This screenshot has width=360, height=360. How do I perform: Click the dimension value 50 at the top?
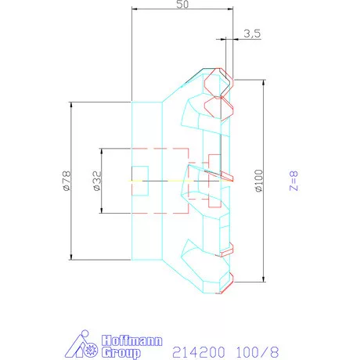(x=183, y=5)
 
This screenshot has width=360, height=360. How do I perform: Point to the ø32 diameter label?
(x=96, y=182)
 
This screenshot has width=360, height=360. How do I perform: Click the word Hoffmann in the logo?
(x=130, y=341)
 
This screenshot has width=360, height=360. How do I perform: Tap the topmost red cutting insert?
(x=218, y=81)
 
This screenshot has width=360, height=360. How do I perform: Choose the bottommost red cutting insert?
(x=225, y=279)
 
